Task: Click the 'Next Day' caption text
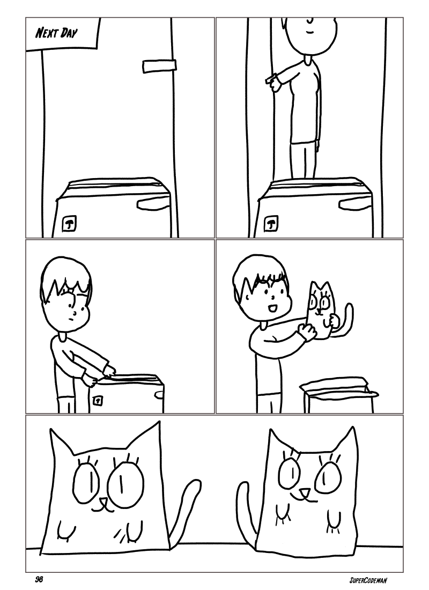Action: [56, 33]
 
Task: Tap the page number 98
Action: [39, 579]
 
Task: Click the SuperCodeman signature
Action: [368, 580]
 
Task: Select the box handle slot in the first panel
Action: [152, 203]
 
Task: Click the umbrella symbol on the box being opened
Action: [98, 400]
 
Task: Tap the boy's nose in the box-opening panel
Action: [75, 312]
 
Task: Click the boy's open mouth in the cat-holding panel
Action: [272, 308]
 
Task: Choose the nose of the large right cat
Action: [304, 492]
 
